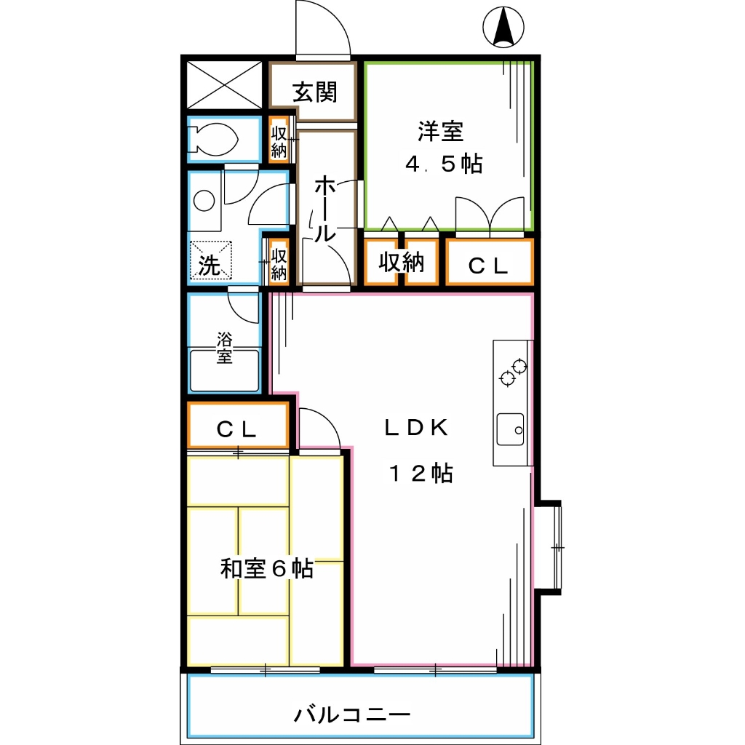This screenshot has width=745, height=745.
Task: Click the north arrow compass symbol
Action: pyautogui.click(x=503, y=28)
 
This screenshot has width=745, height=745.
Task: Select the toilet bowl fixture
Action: pyautogui.click(x=214, y=139)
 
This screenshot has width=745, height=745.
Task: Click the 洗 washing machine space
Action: pyautogui.click(x=211, y=260)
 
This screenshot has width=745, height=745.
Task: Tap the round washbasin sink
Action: pyautogui.click(x=205, y=201)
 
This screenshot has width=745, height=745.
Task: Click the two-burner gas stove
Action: pyautogui.click(x=512, y=372)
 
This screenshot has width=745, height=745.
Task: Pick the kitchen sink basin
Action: pyautogui.click(x=511, y=430)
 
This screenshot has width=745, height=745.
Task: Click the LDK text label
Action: pyautogui.click(x=417, y=428)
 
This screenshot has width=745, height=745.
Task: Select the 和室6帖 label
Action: pyautogui.click(x=266, y=568)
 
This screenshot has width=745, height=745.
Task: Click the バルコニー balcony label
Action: pyautogui.click(x=352, y=714)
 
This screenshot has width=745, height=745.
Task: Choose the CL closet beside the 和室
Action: pyautogui.click(x=237, y=429)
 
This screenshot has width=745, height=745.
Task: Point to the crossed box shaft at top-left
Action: pyautogui.click(x=224, y=84)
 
